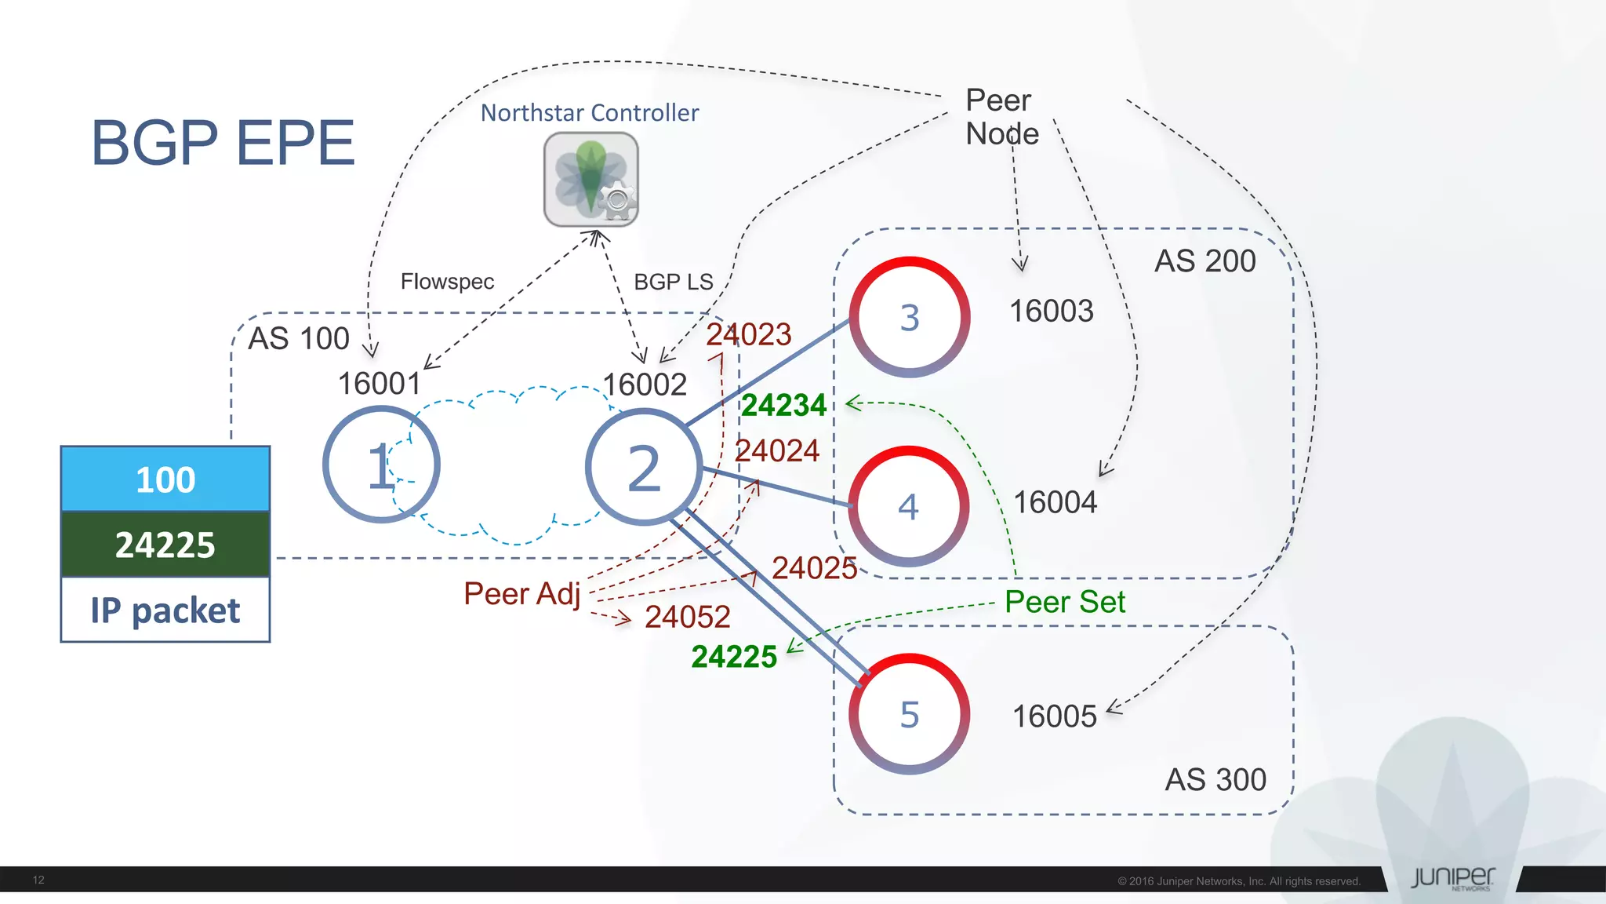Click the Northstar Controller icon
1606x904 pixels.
click(x=590, y=179)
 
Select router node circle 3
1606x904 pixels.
click(x=910, y=317)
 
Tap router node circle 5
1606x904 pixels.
click(x=910, y=714)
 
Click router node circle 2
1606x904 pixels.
click(x=644, y=468)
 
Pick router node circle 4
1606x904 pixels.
click(x=908, y=507)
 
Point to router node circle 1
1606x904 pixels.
click(x=381, y=465)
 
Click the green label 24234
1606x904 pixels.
click(x=783, y=405)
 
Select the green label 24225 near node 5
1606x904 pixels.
click(x=734, y=657)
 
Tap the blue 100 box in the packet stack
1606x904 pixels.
click(x=165, y=479)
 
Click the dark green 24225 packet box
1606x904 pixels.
click(x=165, y=545)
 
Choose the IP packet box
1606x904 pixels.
click(x=165, y=610)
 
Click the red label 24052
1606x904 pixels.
click(x=687, y=617)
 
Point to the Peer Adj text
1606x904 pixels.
click(x=521, y=593)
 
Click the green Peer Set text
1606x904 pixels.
click(x=1064, y=602)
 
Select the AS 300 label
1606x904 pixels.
click(x=1215, y=779)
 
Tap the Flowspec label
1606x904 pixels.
click(x=447, y=282)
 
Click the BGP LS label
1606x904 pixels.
click(x=673, y=282)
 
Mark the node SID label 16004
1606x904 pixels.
click(x=1055, y=502)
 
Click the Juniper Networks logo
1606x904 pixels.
click(x=1452, y=878)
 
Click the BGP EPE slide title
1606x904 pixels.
click(x=223, y=143)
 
